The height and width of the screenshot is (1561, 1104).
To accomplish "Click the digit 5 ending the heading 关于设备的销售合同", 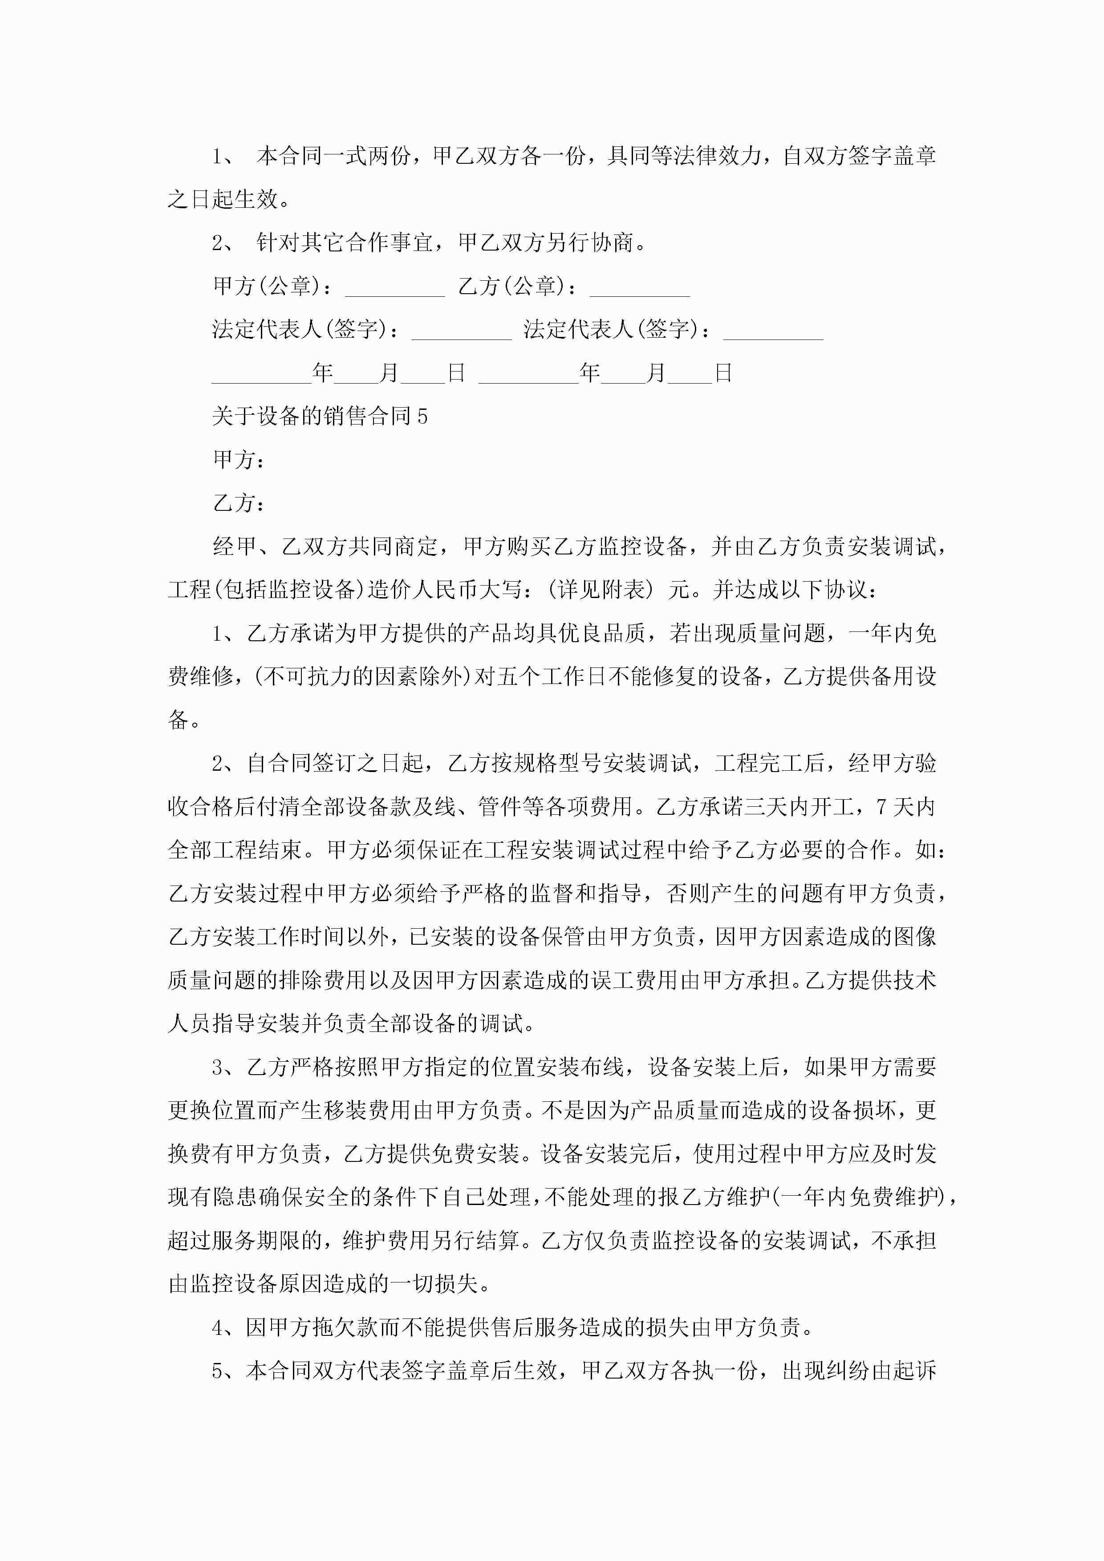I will (x=422, y=416).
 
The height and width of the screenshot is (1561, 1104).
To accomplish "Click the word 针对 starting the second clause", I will (x=278, y=243).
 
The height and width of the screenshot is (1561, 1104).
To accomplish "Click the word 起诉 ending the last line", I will (x=914, y=1371).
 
